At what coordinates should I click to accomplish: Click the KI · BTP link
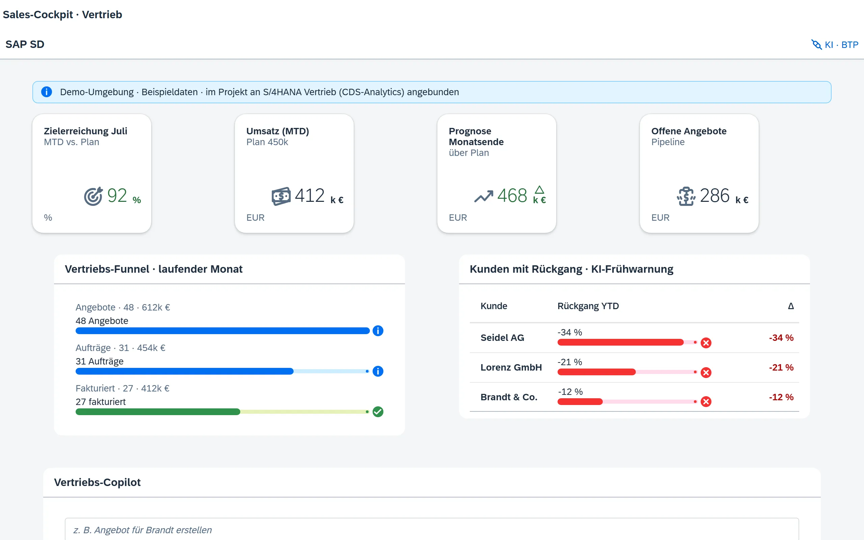click(x=835, y=45)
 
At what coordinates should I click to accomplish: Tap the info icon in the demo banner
click(x=47, y=92)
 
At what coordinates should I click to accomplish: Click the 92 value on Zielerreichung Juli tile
click(x=117, y=195)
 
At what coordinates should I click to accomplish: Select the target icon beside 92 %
click(x=93, y=196)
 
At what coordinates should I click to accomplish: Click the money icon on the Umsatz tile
click(x=281, y=196)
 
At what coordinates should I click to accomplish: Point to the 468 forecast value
click(x=512, y=195)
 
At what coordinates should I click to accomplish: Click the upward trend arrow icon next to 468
click(x=483, y=196)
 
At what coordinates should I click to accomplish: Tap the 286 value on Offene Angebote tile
click(x=714, y=195)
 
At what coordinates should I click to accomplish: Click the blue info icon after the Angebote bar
click(x=378, y=331)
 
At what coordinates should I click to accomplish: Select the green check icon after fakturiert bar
click(x=378, y=412)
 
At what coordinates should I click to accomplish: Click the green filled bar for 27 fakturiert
click(x=158, y=412)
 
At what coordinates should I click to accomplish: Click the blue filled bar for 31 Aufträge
click(x=185, y=372)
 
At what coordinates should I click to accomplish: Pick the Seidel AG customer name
click(x=502, y=337)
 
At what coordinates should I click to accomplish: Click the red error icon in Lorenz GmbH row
click(x=706, y=373)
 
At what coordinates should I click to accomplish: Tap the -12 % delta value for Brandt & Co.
click(x=781, y=397)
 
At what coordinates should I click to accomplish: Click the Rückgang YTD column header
click(x=588, y=306)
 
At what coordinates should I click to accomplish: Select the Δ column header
click(x=791, y=306)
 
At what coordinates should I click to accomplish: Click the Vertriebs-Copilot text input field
click(x=432, y=529)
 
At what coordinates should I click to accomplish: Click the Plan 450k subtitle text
click(x=267, y=142)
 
